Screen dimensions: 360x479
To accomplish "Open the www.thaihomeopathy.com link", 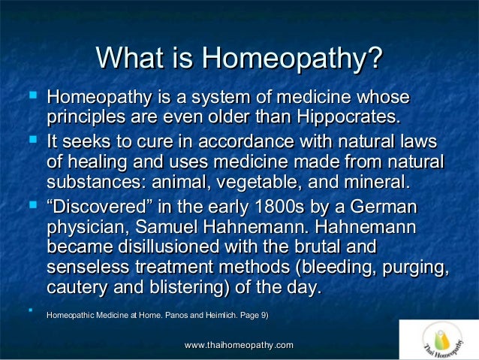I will tap(239, 344).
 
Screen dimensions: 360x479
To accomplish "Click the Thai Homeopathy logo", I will tap(438, 340).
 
